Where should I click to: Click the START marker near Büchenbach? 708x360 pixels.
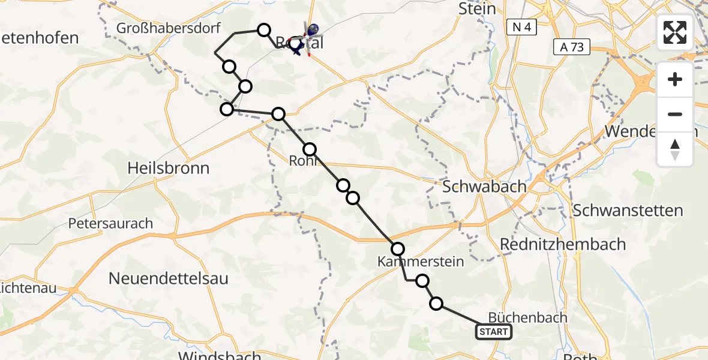coord(494,332)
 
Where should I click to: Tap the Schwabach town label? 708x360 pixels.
coord(484,187)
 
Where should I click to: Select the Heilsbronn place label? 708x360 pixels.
coord(169,168)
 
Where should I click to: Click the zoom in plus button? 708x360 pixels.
coord(675,79)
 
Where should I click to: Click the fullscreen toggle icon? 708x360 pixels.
coord(675,32)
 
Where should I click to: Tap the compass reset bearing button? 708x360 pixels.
coord(675,149)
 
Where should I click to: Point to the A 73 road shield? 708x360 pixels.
coord(572,47)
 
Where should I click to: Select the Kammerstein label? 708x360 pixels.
coord(421,262)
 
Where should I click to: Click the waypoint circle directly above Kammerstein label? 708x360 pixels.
coord(398,248)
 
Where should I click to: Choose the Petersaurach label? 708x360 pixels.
coord(110,224)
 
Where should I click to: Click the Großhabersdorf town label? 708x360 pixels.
coord(169,28)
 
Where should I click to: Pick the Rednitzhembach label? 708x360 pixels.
coord(563,245)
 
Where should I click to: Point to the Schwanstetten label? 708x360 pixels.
coord(628,211)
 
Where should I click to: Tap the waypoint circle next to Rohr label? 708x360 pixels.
coord(310,149)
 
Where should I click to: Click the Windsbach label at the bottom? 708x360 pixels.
coord(220,356)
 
